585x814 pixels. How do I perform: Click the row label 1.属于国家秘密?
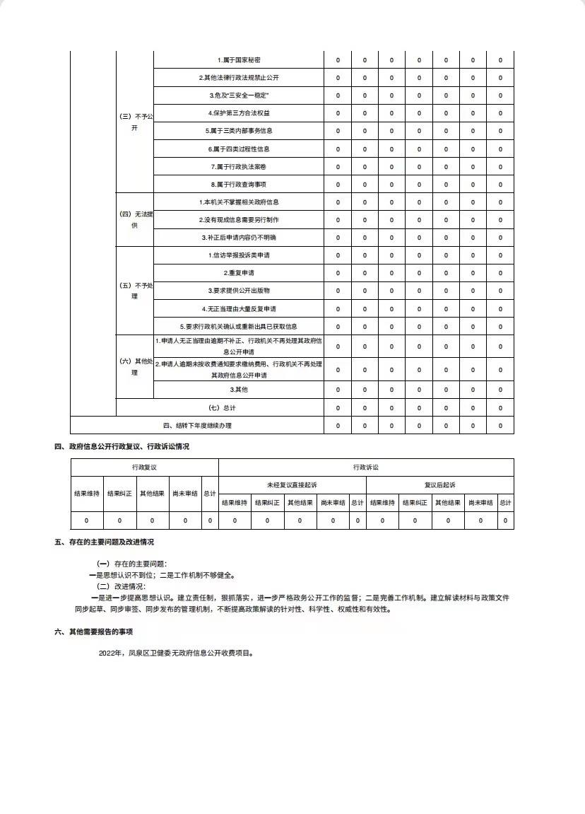tap(239, 60)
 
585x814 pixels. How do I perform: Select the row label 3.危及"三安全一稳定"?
tap(239, 95)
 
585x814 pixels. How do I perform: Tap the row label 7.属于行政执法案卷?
tap(239, 167)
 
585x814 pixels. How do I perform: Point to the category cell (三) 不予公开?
tap(134, 122)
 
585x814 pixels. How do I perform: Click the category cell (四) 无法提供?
tap(134, 219)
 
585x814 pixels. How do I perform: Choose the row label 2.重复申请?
tap(239, 273)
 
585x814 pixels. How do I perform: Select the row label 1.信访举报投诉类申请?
tap(239, 255)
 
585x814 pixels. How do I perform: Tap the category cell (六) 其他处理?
tap(134, 366)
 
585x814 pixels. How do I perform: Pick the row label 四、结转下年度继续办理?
tap(197, 426)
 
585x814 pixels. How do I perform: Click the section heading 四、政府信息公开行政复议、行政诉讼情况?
tap(122, 446)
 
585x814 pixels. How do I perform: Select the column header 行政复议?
tap(144, 467)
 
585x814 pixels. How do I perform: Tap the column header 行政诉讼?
tap(366, 467)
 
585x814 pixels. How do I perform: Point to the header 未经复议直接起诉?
tap(292, 485)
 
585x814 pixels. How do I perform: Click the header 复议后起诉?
tap(439, 485)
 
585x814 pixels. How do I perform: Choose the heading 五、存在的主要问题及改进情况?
tap(104, 542)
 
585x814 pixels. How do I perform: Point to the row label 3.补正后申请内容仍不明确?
tap(239, 238)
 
